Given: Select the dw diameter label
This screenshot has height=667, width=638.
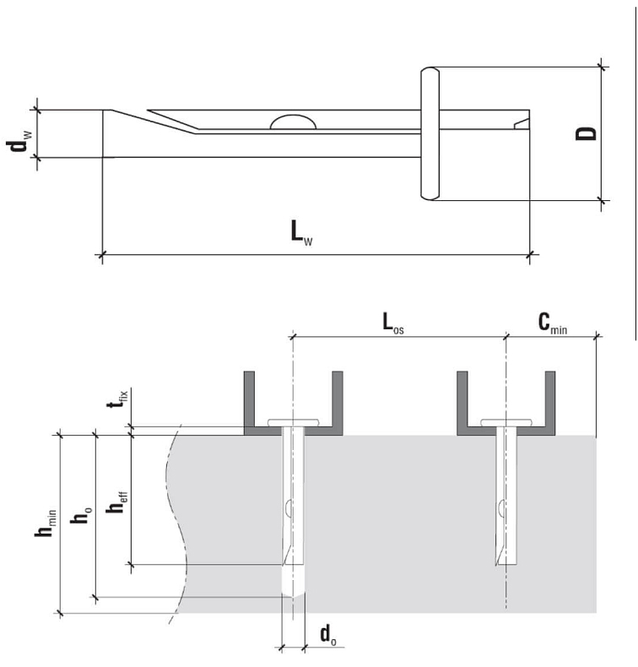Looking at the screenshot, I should (15, 134).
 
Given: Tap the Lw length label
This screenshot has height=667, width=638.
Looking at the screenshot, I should (302, 232).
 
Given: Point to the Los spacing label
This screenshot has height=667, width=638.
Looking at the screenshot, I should (392, 324).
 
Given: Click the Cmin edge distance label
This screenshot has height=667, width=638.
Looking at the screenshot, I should (552, 323).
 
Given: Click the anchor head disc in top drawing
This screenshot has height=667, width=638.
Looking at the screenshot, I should (430, 134).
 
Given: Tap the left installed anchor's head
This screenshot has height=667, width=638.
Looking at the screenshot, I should (293, 421).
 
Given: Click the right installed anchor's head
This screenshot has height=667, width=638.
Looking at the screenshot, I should (506, 421).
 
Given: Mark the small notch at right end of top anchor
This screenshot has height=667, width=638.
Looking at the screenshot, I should (522, 125).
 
